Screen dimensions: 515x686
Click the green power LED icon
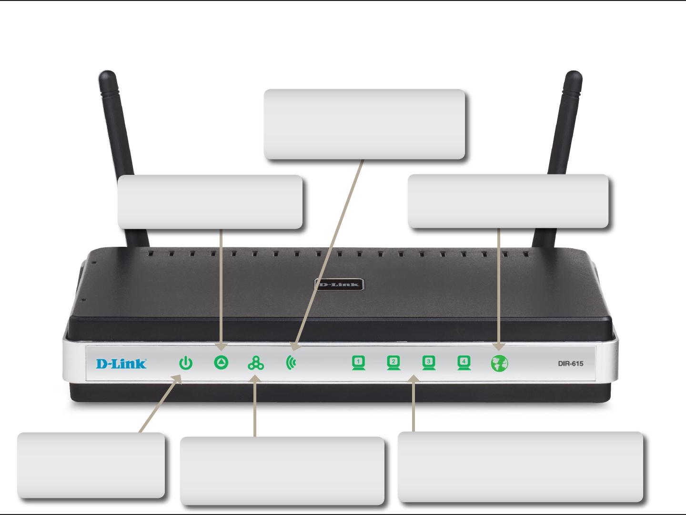[186, 364]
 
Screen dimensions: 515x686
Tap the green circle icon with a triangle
[221, 363]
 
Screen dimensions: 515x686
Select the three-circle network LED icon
[256, 364]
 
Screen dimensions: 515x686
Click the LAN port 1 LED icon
[358, 363]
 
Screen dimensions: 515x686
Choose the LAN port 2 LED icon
[393, 363]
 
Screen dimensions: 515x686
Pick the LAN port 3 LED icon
[429, 363]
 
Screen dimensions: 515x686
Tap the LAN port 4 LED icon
[464, 363]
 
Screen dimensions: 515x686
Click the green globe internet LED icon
[499, 364]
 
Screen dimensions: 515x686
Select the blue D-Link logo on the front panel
[121, 364]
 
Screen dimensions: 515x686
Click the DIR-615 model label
[571, 364]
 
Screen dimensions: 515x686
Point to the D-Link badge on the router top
[340, 285]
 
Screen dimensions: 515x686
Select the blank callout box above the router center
[364, 124]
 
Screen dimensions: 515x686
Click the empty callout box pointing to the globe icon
[508, 201]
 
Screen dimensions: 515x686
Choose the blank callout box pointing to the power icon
[91, 465]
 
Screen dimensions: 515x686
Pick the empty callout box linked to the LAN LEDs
[520, 466]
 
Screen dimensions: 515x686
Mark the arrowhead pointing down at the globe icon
[499, 347]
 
